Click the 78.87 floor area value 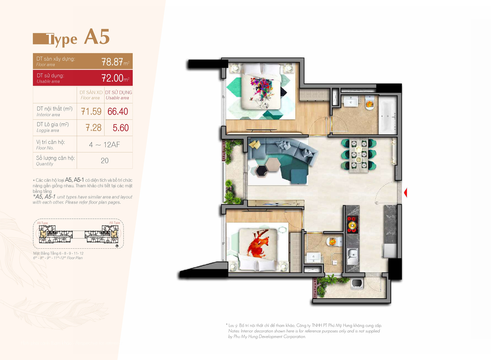point(112,62)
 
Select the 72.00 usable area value point(112,78)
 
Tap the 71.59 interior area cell point(91,111)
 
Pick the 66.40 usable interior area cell point(118,111)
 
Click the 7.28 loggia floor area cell point(93,128)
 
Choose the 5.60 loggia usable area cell point(121,128)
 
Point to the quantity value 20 point(105,161)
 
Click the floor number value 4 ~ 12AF point(104,145)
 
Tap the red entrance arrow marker point(405,193)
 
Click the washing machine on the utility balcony point(357,284)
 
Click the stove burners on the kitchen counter point(352,224)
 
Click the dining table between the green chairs point(358,154)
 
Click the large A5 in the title point(97,37)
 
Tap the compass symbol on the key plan point(117,246)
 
